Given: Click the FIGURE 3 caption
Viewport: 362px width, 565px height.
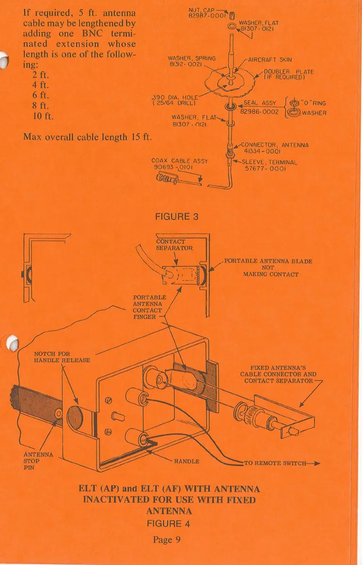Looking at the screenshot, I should click(177, 216).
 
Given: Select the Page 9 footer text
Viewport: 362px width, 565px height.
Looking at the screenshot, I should click(167, 540).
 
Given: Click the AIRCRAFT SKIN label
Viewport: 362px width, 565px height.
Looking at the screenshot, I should click(270, 59).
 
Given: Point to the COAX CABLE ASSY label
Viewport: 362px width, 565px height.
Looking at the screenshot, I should click(180, 160).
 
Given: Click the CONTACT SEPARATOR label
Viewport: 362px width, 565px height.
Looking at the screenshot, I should click(174, 244).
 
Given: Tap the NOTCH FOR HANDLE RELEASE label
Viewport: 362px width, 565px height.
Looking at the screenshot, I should click(62, 357).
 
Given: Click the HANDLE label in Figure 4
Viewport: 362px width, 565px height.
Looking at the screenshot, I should click(187, 461).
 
